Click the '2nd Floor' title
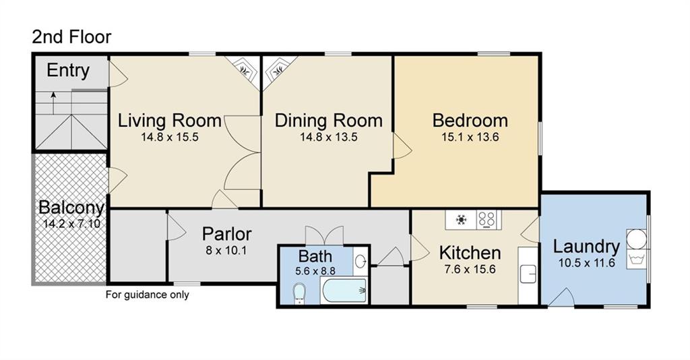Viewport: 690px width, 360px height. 71,37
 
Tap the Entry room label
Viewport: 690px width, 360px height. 68,70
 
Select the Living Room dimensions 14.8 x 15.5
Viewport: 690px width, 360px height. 170,137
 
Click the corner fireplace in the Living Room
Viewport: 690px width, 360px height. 244,69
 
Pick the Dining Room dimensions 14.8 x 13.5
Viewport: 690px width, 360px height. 329,137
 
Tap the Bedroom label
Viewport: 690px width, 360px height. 470,120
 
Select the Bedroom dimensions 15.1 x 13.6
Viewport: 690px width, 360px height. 470,137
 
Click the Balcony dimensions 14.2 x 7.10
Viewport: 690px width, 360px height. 71,224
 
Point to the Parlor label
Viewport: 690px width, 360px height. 226,234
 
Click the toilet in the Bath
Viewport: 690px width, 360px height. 299,293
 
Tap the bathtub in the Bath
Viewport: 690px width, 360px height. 344,291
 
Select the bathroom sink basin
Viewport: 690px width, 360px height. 360,262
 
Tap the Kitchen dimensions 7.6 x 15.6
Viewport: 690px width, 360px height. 470,269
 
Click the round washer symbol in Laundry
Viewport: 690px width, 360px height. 636,239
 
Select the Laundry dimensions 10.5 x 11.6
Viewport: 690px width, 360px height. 587,263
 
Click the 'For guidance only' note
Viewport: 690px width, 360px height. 148,295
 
